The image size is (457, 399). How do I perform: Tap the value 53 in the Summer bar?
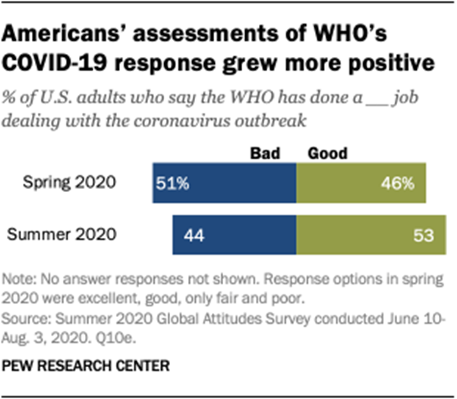[423, 235]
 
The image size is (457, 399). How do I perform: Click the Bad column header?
[266, 153]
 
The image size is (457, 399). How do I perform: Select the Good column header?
[327, 153]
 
